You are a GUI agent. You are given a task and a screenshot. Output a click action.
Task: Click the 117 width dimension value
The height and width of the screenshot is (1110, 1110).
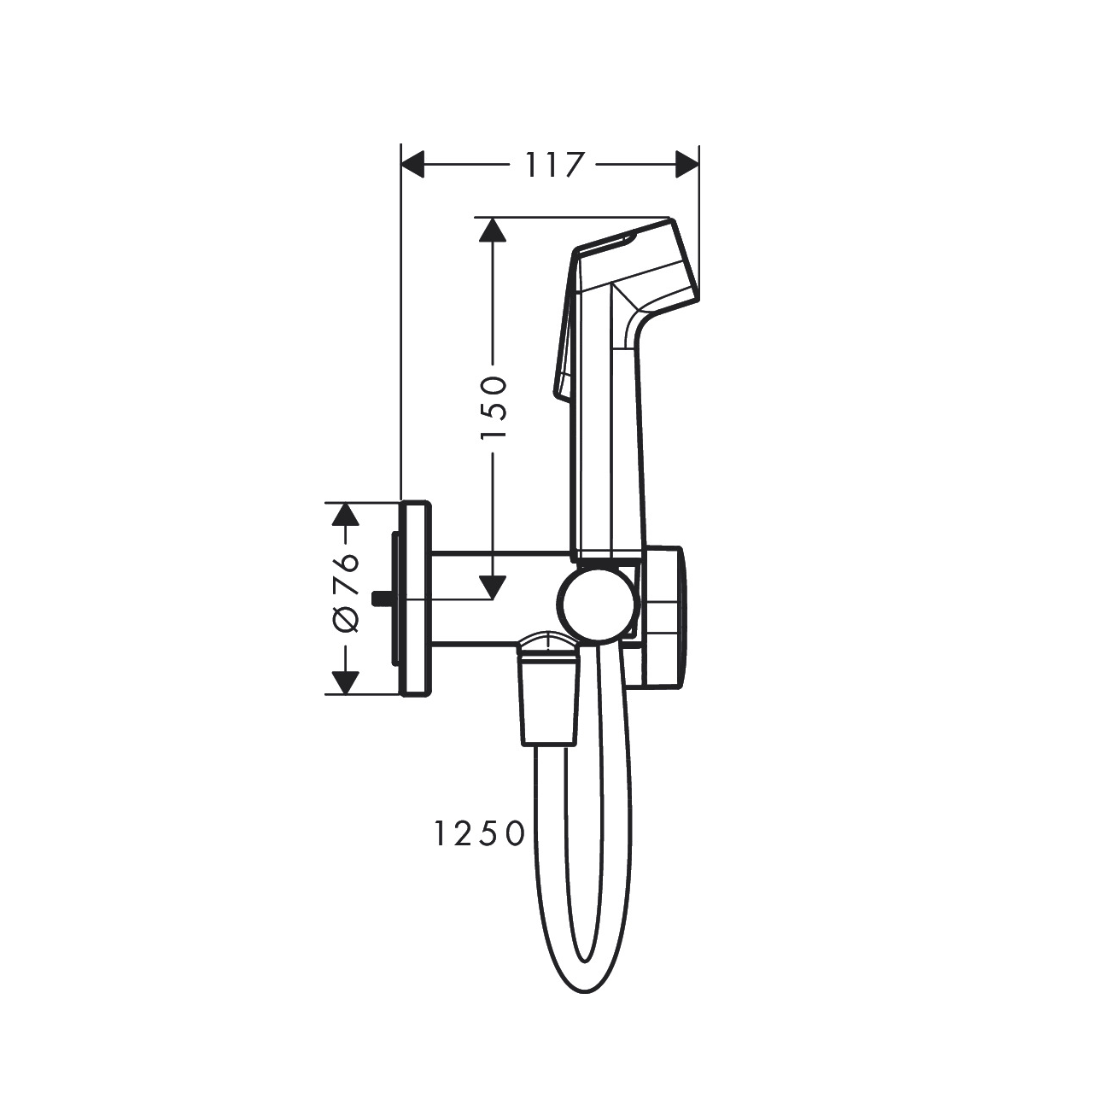(552, 164)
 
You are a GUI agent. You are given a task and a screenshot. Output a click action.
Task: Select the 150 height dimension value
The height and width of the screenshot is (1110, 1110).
(494, 407)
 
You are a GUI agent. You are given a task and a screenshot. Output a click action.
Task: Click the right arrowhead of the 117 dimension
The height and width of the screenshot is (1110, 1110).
(687, 164)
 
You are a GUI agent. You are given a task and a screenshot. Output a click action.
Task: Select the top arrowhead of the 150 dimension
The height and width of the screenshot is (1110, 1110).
(492, 231)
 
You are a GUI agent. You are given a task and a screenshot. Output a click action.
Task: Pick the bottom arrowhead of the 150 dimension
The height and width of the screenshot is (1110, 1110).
(492, 587)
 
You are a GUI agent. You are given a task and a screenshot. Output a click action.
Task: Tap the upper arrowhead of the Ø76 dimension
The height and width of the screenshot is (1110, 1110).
(344, 514)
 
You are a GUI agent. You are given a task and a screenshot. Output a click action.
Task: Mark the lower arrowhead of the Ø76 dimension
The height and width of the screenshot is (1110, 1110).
(344, 682)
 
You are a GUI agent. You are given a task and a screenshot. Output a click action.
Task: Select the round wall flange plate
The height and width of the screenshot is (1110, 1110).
(415, 598)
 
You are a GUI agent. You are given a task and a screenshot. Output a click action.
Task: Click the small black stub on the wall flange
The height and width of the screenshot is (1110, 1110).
(382, 597)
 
